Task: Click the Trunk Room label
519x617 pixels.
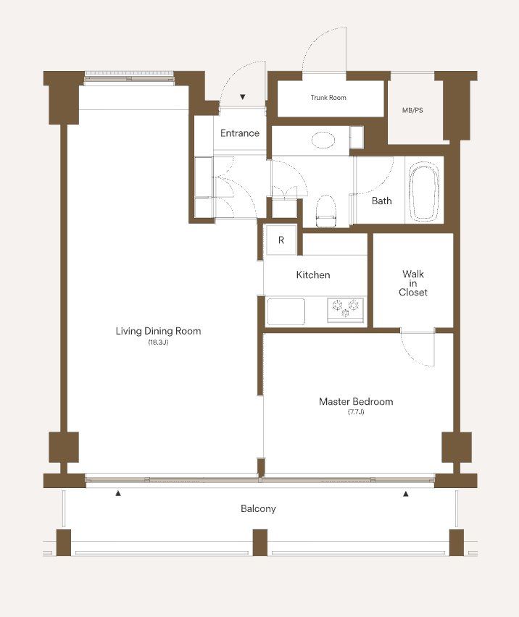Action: point(328,98)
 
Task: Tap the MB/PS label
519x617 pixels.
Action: point(412,111)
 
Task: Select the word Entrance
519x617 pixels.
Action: point(240,133)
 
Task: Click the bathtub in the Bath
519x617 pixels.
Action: point(424,193)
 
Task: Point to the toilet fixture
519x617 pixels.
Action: point(326,211)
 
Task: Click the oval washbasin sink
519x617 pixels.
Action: point(323,140)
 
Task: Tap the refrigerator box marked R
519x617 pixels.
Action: point(281,240)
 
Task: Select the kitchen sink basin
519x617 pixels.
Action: point(286,311)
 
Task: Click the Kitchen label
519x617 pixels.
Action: point(313,274)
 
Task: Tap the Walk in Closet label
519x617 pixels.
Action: point(412,283)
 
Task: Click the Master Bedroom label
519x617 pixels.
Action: point(356,401)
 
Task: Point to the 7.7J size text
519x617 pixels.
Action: point(356,412)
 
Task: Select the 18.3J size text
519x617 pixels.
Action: point(158,343)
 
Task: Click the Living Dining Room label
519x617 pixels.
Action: point(158,331)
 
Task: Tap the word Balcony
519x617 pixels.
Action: point(258,508)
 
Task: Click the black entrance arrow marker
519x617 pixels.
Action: point(243,97)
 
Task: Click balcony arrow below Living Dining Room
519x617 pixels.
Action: point(118,493)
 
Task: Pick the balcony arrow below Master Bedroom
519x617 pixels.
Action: point(406,494)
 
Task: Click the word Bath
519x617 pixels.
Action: point(382,201)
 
